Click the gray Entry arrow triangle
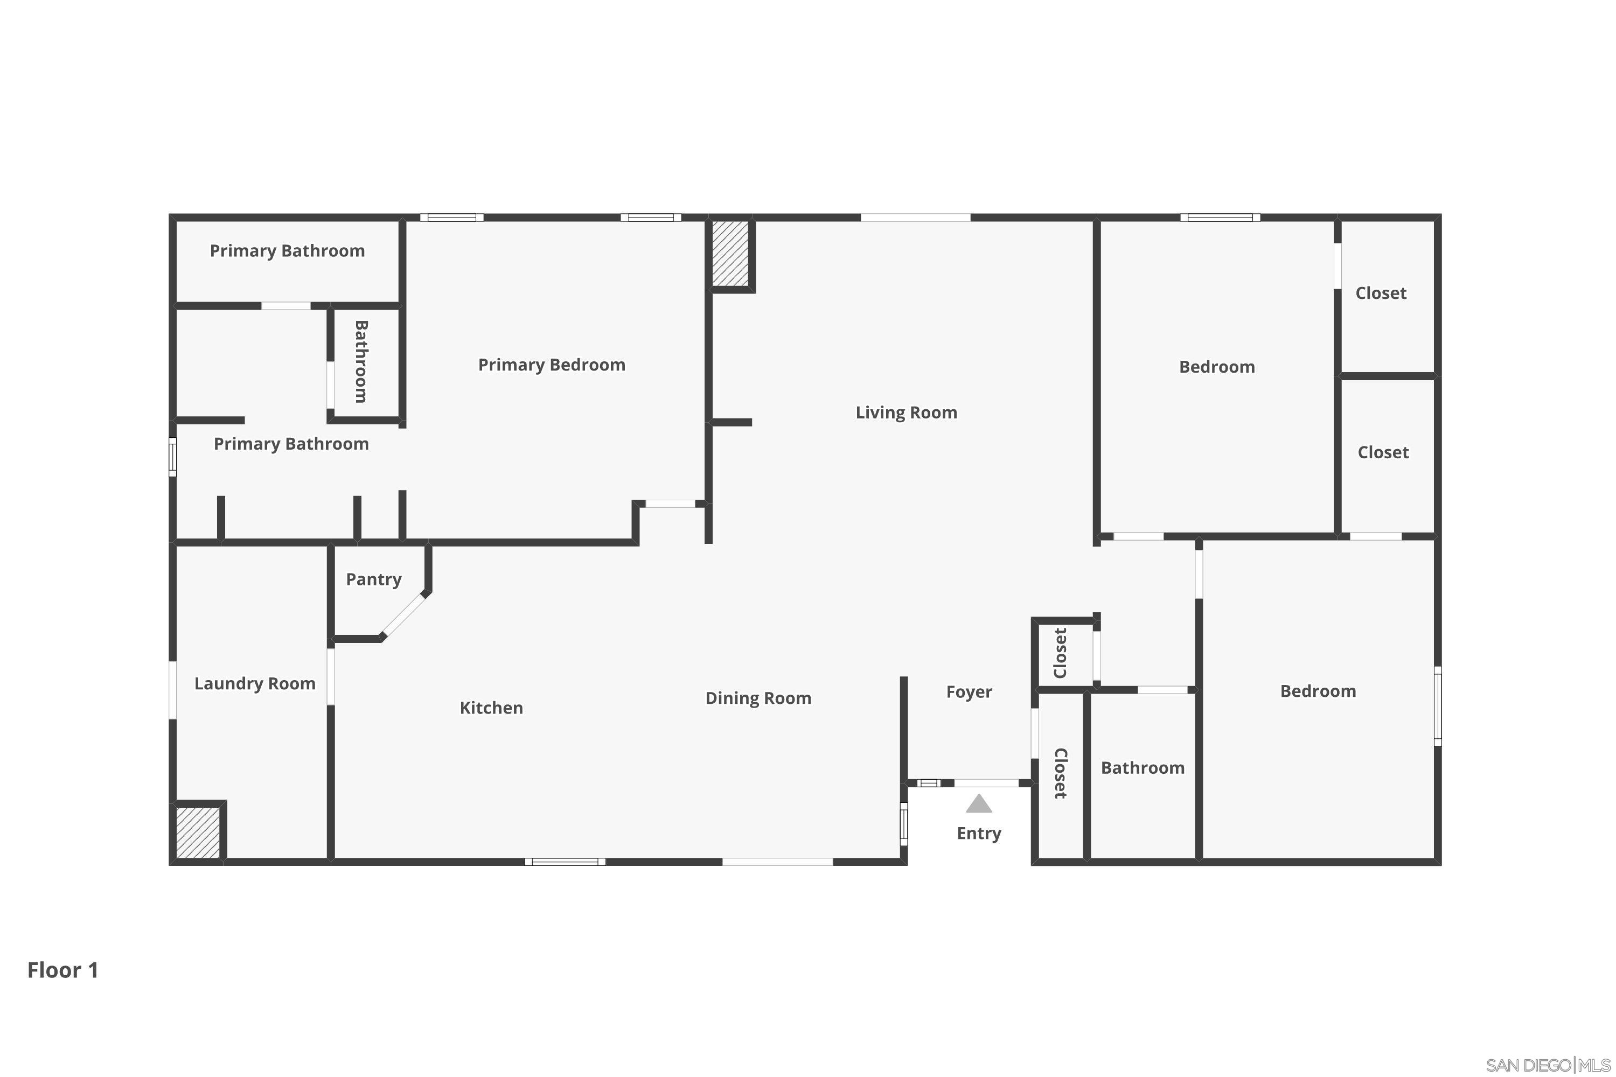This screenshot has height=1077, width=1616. pos(978,803)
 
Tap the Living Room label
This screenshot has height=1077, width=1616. pos(905,413)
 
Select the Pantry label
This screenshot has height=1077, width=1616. pos(373,580)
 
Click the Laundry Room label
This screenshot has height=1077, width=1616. pos(255,684)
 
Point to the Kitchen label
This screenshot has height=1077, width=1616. pos(491,708)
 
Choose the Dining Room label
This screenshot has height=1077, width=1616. pos(758,698)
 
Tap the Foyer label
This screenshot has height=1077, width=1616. pos(969,693)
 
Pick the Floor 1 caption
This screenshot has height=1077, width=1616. pos(63,970)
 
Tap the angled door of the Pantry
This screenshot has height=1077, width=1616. pos(404,616)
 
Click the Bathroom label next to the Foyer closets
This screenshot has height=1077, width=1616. pos(1142,768)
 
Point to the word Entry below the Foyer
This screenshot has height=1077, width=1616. pos(978,834)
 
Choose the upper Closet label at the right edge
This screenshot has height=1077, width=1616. pos(1380,293)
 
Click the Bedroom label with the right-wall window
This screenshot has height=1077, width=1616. pos(1317,691)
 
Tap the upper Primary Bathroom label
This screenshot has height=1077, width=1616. pos(287,251)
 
